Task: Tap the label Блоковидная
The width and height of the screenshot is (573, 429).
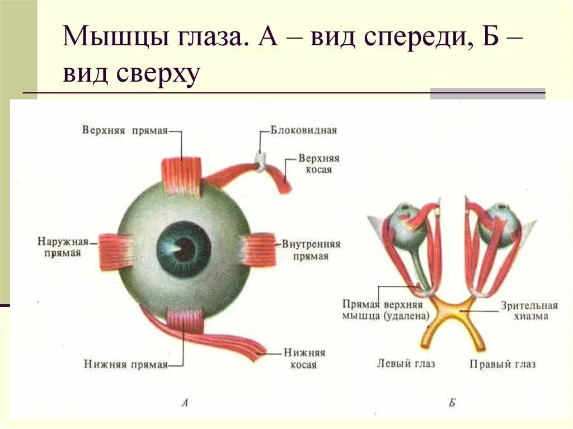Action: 304,131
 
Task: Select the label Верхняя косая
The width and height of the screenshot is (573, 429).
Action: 318,163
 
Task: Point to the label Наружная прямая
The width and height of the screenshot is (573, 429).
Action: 63,247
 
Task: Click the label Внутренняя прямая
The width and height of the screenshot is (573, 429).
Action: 311,251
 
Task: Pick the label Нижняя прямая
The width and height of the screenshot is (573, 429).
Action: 126,364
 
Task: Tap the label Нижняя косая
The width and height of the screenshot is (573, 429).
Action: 304,359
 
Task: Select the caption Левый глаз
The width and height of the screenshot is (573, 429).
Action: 406,364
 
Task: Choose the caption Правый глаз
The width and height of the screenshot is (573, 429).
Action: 502,364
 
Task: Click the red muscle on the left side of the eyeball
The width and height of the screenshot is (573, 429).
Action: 115,249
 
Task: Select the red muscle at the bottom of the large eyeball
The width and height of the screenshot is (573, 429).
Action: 185,321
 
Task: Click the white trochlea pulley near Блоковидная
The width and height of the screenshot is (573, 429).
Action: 260,161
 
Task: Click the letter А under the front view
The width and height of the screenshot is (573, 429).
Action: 185,401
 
